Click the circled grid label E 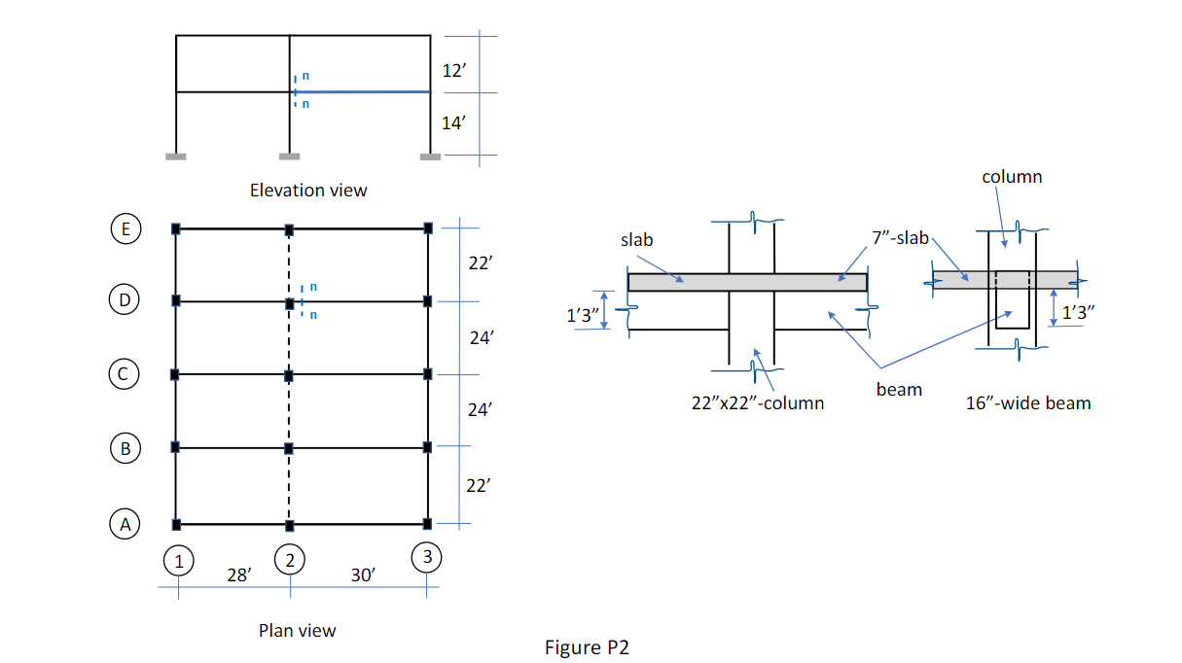click(x=125, y=229)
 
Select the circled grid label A click(x=125, y=524)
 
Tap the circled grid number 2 click(x=290, y=559)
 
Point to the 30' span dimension click(x=364, y=576)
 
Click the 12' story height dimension click(x=453, y=70)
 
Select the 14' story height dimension click(x=453, y=122)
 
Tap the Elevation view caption click(x=308, y=191)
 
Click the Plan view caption click(x=297, y=631)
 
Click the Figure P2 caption click(x=587, y=647)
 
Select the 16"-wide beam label click(x=1027, y=402)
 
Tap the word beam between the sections click(x=898, y=390)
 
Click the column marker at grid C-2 click(x=289, y=374)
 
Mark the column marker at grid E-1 click(x=176, y=228)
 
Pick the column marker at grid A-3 click(x=428, y=525)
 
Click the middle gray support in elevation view click(x=289, y=156)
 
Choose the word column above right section click(x=1012, y=177)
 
